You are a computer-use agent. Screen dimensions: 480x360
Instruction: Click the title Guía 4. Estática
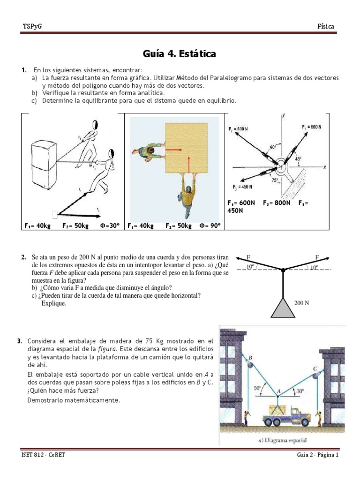180,54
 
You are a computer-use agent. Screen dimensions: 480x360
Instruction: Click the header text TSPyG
32,27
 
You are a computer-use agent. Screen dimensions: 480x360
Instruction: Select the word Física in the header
325,27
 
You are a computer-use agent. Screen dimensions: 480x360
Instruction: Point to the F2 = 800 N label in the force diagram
240,128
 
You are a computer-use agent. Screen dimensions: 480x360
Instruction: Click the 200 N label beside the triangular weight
301,303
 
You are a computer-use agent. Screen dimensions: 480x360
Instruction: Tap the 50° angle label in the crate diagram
257,388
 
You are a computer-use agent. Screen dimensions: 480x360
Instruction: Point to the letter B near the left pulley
250,359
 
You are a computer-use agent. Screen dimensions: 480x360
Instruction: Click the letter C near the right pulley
315,368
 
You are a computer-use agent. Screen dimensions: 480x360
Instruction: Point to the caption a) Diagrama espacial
282,440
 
